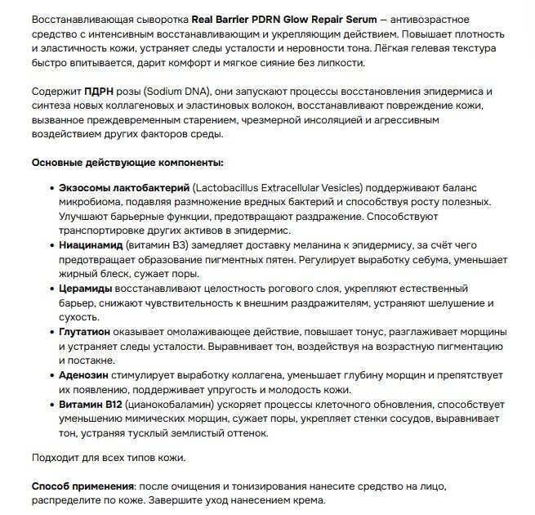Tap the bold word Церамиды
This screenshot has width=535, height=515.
[x=86, y=289]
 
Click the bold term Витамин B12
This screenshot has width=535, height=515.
[x=92, y=405]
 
